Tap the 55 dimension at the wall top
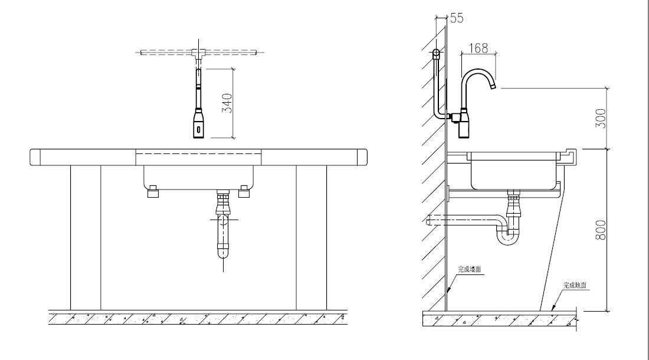point(457,18)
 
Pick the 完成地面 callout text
point(576,284)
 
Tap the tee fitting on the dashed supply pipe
point(198,53)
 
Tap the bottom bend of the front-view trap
point(224,254)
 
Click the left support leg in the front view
point(86,236)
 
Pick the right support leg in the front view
point(311,236)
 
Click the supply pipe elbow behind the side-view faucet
point(437,116)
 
